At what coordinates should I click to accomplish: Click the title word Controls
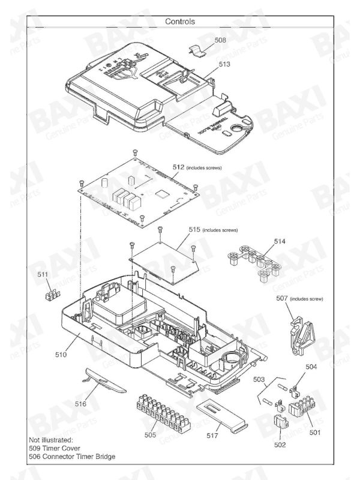click(180, 21)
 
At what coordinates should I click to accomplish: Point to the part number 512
click(178, 167)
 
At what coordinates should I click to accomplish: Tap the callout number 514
click(280, 241)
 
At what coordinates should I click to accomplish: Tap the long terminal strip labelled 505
click(158, 408)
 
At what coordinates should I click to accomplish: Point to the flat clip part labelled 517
click(219, 416)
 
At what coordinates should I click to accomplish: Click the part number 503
click(259, 380)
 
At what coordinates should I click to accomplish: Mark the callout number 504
click(311, 366)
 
